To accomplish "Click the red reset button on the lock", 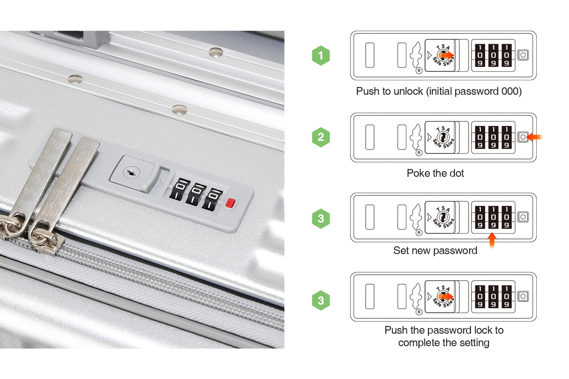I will (x=230, y=203).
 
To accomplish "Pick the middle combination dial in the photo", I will (x=196, y=194).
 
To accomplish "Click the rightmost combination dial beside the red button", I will (x=213, y=199).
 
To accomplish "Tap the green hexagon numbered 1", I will (x=321, y=55).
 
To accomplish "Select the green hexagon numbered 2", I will (x=321, y=137).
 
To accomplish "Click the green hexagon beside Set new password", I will (x=321, y=218).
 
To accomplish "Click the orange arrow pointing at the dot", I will (x=535, y=137).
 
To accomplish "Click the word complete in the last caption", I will (x=419, y=343).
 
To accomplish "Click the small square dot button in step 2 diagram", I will (x=523, y=137).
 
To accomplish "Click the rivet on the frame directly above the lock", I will (x=180, y=110).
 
